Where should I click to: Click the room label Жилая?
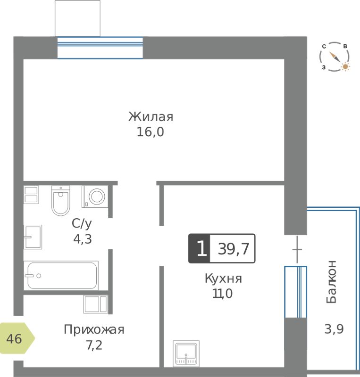[x=151, y=117]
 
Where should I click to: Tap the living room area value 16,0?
[x=150, y=132]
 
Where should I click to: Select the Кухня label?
[x=223, y=279]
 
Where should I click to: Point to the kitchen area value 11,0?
[x=223, y=293]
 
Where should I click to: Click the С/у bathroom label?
[x=82, y=223]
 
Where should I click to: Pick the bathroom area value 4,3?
[x=83, y=239]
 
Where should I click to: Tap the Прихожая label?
[x=94, y=329]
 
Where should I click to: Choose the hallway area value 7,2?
[x=94, y=345]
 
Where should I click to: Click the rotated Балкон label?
[x=331, y=281]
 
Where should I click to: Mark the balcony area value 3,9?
[x=334, y=328]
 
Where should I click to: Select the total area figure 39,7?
[x=234, y=249]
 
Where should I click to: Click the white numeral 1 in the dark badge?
[x=201, y=248]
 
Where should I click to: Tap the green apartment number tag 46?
[x=17, y=338]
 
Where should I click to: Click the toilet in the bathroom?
[x=60, y=201]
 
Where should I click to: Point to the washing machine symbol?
[x=95, y=197]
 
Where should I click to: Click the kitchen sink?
[x=186, y=353]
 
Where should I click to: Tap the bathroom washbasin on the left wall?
[x=33, y=237]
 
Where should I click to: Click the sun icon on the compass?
[x=345, y=66]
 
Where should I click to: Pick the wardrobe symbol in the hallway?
[x=96, y=304]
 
